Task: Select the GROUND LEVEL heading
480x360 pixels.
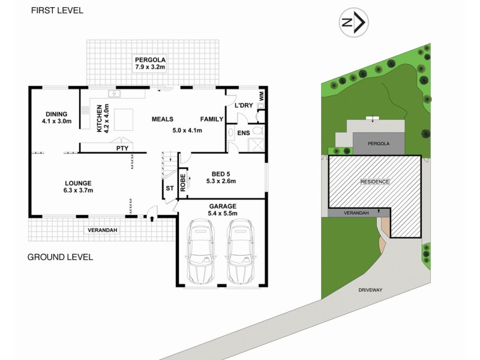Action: [60, 257]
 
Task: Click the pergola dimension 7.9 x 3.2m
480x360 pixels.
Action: [150, 68]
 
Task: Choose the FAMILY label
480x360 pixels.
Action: [212, 119]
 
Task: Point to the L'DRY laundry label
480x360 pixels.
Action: [244, 106]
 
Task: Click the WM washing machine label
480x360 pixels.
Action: [261, 95]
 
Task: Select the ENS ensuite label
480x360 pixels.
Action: [243, 132]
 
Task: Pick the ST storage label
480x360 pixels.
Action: [169, 188]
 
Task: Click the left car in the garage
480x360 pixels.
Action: [199, 252]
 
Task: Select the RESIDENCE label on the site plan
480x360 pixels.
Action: [374, 181]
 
